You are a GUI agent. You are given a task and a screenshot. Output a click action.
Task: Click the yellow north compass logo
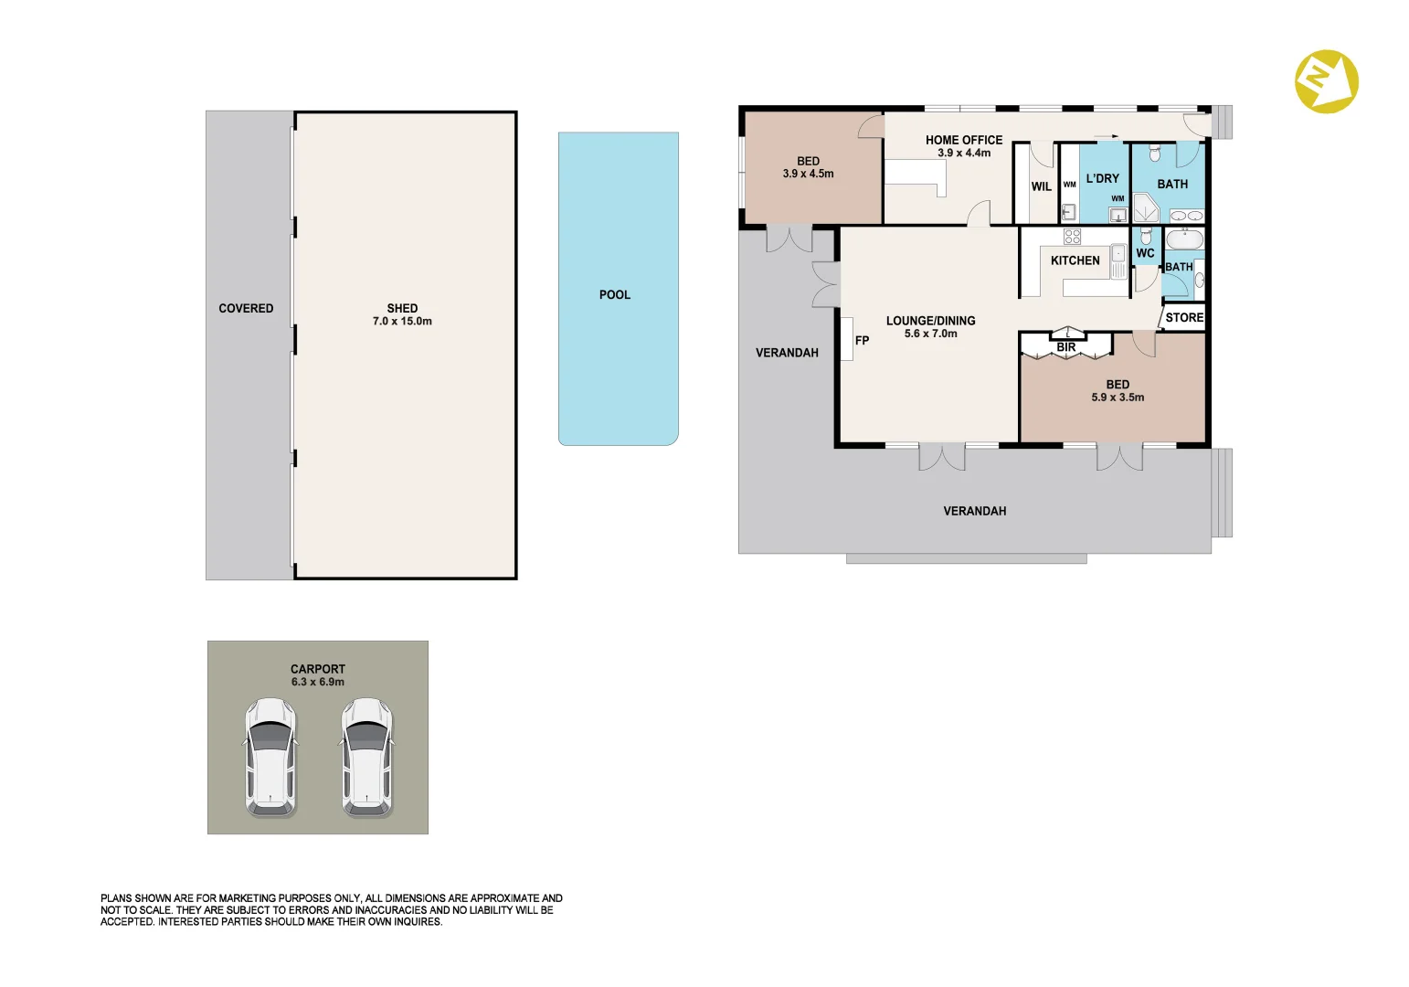[1327, 81]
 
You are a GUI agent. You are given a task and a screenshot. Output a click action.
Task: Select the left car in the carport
[270, 758]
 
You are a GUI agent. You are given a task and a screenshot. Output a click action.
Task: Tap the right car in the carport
[367, 758]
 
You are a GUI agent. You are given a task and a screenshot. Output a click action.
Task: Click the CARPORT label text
[318, 669]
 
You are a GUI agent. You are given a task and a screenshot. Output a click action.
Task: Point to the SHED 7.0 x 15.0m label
[402, 314]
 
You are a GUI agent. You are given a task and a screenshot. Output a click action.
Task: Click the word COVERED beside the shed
[246, 309]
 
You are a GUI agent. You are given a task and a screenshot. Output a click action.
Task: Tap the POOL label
[615, 295]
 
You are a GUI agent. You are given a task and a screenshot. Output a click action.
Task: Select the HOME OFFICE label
[963, 141]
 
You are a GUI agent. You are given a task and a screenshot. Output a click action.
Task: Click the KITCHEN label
[1075, 260]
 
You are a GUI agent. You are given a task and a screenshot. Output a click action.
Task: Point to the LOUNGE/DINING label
[930, 321]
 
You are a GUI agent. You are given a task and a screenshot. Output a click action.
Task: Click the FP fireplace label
[862, 341]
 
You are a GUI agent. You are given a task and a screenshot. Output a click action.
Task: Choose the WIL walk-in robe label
[1041, 186]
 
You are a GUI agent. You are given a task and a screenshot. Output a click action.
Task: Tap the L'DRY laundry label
[1102, 179]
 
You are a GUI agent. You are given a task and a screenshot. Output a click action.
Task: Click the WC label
[1145, 253]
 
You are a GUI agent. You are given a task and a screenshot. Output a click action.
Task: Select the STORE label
[1184, 318]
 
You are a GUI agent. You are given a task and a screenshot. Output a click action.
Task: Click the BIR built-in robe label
[1065, 347]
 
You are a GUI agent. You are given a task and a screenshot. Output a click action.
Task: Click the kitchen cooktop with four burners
[1073, 237]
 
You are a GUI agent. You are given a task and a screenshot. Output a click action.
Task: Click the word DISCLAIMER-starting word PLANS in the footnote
[117, 898]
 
